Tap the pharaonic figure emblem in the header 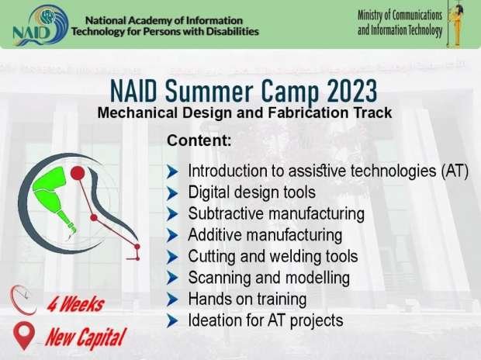[456, 25]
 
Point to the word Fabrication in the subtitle [308, 112]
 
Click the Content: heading [199, 140]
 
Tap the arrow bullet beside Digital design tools [172, 193]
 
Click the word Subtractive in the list [226, 213]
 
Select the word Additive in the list [215, 235]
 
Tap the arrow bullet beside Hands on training [172, 299]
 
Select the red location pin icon [24, 336]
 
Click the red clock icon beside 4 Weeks [23, 300]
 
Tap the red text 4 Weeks [75, 304]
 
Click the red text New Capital [86, 338]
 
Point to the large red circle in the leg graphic [78, 173]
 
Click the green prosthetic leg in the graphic [54, 197]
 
